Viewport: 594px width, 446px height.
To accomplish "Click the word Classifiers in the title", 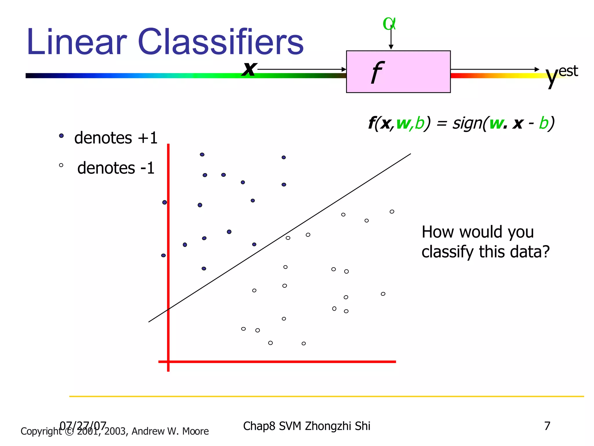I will [220, 42].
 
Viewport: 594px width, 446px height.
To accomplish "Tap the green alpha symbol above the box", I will [389, 24].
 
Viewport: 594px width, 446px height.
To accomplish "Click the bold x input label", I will [249, 69].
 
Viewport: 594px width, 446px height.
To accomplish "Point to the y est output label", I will [561, 74].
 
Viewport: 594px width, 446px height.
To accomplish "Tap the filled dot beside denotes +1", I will [61, 136].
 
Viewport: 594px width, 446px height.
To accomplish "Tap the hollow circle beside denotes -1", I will [61, 165].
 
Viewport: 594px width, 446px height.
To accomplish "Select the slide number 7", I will [547, 426].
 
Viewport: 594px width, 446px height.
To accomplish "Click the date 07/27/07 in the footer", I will [83, 426].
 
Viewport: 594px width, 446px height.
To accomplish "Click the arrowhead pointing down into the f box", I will [391, 47].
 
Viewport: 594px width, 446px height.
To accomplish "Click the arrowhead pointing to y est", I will [537, 69].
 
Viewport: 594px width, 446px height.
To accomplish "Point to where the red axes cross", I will [168, 362].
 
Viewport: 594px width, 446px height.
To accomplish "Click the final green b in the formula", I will [544, 123].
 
